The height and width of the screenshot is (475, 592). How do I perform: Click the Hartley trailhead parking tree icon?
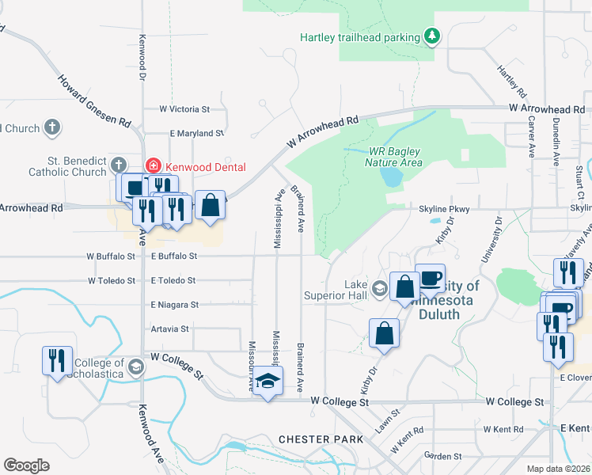coord(431,36)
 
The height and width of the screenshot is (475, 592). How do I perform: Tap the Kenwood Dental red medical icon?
coord(153,166)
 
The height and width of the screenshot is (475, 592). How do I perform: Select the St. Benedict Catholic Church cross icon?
coord(118,165)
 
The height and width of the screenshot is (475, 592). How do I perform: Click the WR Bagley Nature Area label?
coord(395,157)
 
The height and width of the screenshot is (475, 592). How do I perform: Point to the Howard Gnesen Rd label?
coord(93,101)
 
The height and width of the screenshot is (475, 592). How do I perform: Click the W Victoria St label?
coord(184,108)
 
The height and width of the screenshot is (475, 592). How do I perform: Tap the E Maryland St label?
coord(197,134)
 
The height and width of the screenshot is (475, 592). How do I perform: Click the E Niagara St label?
coord(174,304)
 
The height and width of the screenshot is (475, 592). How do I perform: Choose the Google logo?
coord(26,465)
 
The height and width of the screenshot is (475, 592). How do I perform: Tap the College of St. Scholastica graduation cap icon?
coord(136,367)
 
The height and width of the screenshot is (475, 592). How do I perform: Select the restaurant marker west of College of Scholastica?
coord(57,361)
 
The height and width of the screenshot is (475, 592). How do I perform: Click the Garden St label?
coord(442,456)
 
